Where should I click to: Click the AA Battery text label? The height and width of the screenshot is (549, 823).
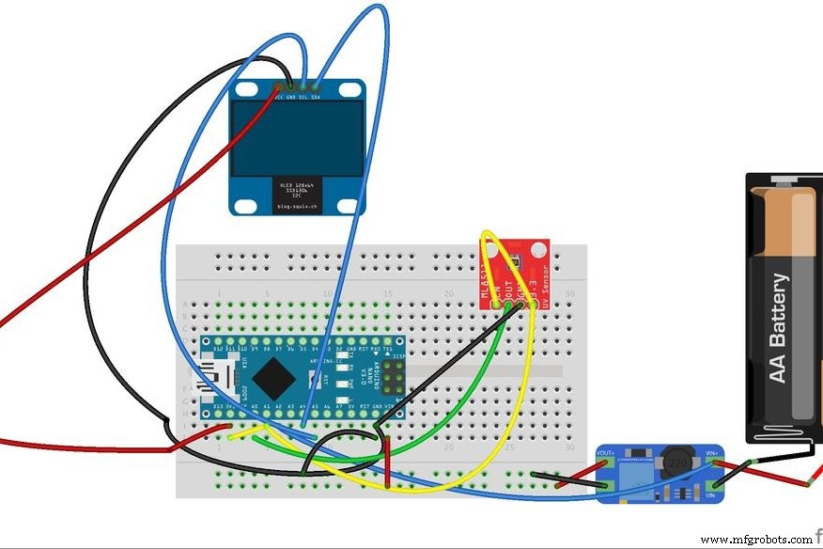[778, 328]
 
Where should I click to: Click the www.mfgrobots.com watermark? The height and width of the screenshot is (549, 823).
[757, 540]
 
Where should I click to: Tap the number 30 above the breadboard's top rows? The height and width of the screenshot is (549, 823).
[569, 294]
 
